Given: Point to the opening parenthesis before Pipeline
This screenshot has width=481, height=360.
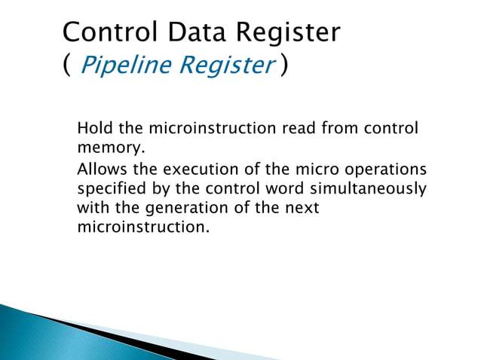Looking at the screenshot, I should [67, 66].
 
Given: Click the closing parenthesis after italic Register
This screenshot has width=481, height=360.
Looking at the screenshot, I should [282, 66].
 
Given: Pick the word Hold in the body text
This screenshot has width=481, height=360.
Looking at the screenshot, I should [93, 128].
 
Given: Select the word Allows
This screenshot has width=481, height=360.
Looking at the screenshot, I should [102, 168].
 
